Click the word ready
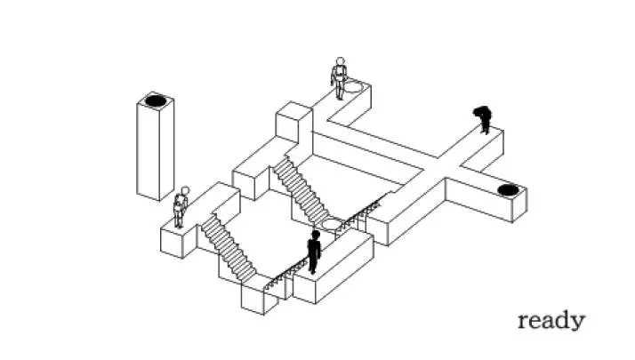coord(551,320)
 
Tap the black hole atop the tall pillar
coord(156,100)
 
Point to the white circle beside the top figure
coord(354,87)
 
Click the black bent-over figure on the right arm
coord(484,118)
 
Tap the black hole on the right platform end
coord(508,189)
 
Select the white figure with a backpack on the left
coord(181,209)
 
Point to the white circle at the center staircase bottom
coord(332,223)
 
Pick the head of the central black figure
coord(315,235)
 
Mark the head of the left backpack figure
coord(185,189)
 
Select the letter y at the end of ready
coord(579,323)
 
